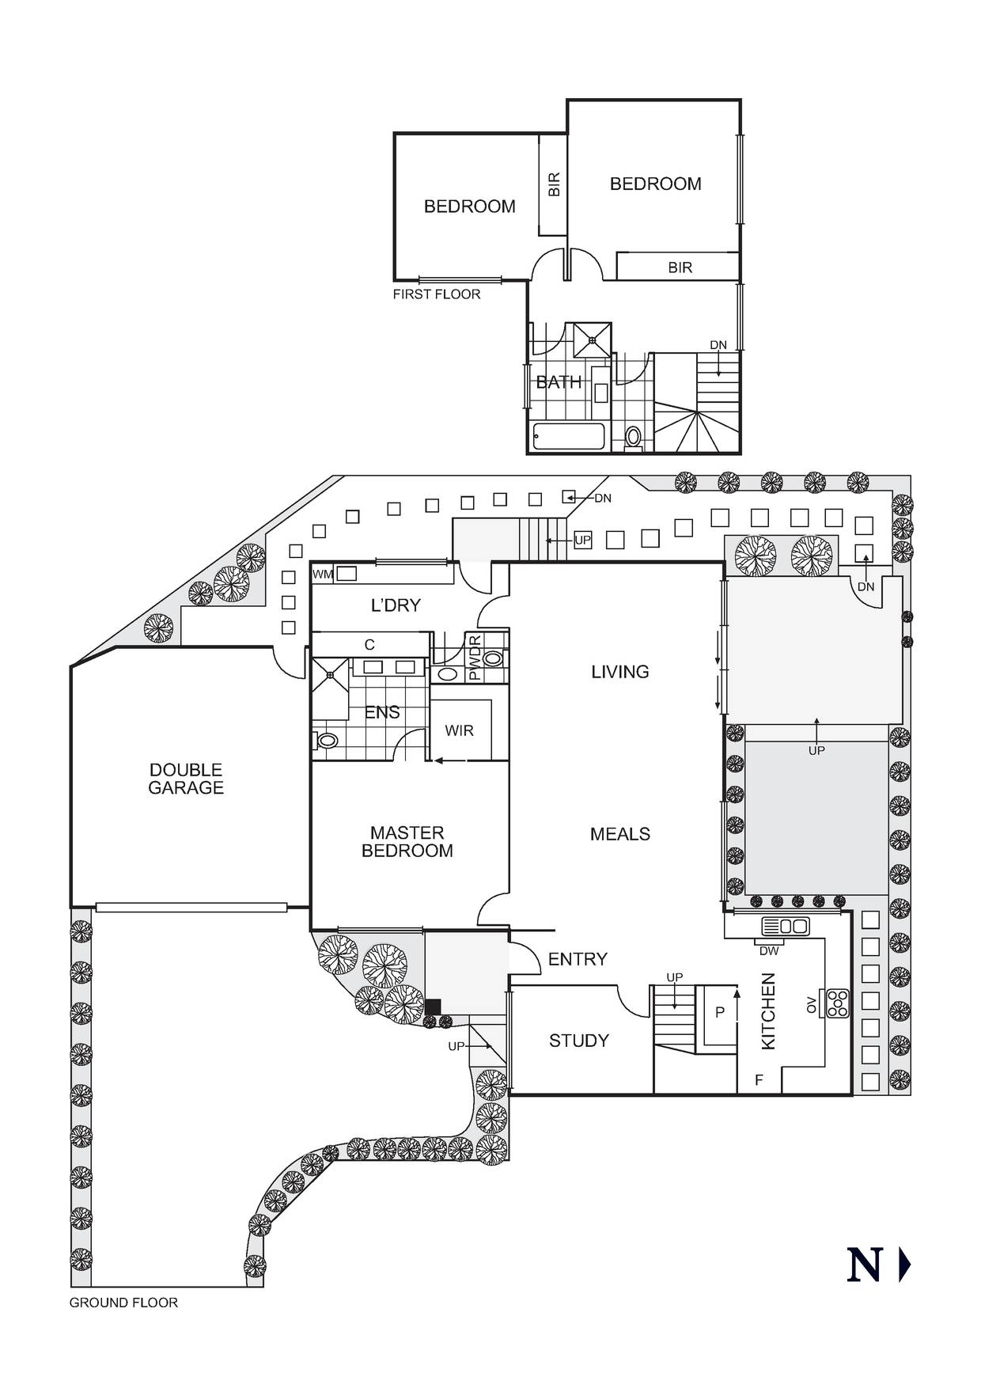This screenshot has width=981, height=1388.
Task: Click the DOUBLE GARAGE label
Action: tap(186, 779)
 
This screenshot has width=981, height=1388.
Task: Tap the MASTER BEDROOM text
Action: tap(407, 841)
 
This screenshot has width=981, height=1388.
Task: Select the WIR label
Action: tap(459, 730)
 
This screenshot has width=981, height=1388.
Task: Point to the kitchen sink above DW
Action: tap(785, 925)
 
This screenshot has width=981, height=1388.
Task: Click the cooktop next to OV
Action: tap(836, 1003)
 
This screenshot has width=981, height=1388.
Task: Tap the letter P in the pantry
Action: tap(719, 1012)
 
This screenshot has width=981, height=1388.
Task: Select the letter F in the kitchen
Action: tap(759, 1079)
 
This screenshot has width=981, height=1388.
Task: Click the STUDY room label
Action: tap(579, 1041)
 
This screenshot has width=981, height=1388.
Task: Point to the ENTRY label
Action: tap(578, 959)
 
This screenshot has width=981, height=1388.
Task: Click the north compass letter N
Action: tap(864, 1265)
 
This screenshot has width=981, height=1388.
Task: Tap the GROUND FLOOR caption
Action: tap(123, 1303)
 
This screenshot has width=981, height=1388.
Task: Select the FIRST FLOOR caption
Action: tap(437, 294)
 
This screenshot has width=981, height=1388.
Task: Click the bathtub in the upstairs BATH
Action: tap(568, 436)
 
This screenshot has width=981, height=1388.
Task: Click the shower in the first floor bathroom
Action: tap(592, 340)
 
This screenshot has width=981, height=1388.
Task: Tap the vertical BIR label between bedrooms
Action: tap(554, 184)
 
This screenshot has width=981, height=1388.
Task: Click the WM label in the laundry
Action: tap(323, 574)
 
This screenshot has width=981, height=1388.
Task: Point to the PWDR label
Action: tap(475, 658)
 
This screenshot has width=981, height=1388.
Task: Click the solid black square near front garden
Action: tap(433, 1007)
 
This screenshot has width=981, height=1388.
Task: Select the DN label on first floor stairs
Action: tap(718, 345)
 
